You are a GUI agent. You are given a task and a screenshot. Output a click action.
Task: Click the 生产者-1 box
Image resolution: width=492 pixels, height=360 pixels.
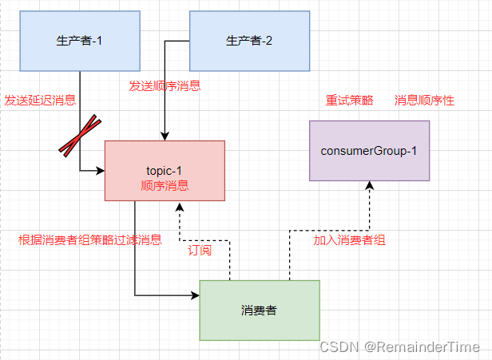click(80, 41)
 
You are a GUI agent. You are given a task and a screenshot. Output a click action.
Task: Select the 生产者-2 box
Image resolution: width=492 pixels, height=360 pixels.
click(249, 41)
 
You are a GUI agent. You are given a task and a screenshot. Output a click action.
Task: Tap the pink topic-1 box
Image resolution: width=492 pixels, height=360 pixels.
click(165, 171)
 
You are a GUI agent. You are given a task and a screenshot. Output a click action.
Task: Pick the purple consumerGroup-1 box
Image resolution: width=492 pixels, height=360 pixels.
click(369, 151)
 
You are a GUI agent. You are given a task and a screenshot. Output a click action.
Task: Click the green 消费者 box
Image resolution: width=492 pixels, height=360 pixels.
click(260, 311)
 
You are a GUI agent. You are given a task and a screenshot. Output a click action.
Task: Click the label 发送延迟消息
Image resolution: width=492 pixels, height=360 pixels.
click(40, 100)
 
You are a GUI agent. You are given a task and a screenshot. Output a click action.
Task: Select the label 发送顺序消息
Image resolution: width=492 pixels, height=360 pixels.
click(165, 85)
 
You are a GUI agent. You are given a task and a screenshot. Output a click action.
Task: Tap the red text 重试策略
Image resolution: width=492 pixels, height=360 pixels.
click(349, 101)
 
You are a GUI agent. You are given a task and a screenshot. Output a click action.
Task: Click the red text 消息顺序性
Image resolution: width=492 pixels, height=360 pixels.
click(424, 101)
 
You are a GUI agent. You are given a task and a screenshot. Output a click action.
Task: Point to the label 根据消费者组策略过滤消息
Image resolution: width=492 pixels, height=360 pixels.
click(89, 239)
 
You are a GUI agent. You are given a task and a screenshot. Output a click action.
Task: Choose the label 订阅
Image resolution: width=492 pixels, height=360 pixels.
click(200, 250)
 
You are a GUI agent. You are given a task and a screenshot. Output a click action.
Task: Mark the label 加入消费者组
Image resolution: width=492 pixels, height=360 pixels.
click(349, 239)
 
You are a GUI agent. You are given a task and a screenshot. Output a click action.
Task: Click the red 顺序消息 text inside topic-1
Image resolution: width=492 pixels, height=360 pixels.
click(165, 186)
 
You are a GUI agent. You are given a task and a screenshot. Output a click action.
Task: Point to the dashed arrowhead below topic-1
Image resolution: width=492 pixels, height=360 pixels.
click(181, 206)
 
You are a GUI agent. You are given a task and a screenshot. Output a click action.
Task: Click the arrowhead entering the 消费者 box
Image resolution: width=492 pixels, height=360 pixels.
click(195, 295)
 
